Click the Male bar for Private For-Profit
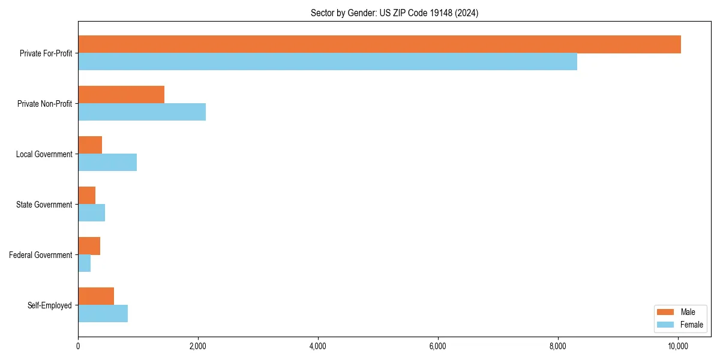point(379,44)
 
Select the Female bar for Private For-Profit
point(328,62)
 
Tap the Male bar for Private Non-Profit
point(121,95)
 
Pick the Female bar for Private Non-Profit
point(142,112)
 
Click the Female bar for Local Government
point(107,163)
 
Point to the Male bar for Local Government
point(90,145)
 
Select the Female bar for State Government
point(91,213)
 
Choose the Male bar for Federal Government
point(89,246)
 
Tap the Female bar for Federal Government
point(84,263)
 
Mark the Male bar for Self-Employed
point(96,296)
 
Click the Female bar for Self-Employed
point(103,314)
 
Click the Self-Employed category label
point(50,305)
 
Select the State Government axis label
point(44,205)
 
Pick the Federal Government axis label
point(41,255)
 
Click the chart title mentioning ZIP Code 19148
point(394,13)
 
